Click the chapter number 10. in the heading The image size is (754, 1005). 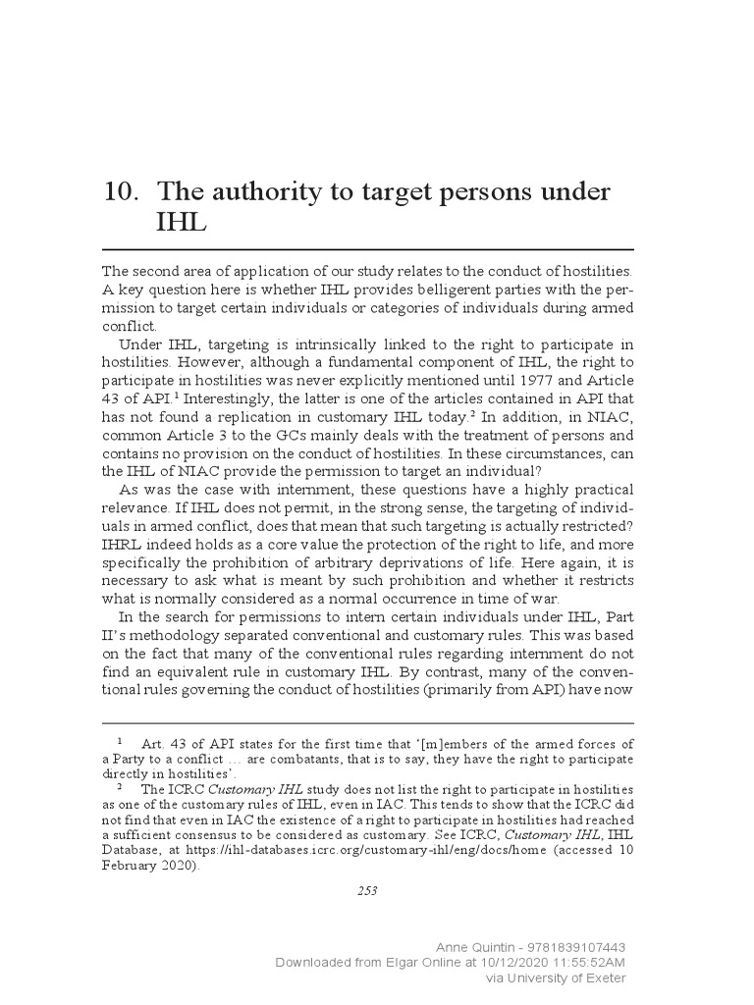coord(121,191)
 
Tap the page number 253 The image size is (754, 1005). coord(367,890)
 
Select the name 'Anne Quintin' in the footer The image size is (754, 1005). coord(475,948)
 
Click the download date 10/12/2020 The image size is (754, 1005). coord(491,963)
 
